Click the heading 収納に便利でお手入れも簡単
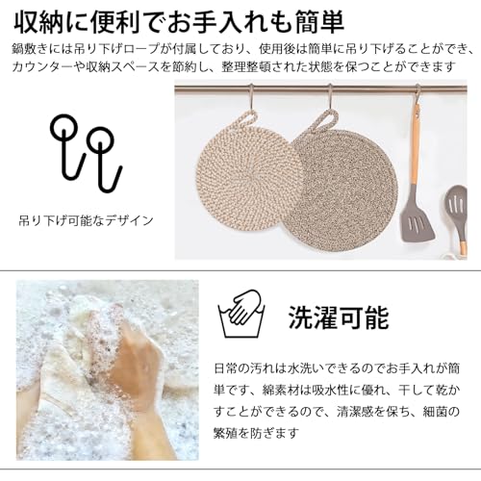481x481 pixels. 179,23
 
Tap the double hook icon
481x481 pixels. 87,153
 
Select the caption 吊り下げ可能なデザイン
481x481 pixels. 86,220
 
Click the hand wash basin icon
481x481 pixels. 241,313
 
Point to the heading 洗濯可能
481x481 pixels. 339,317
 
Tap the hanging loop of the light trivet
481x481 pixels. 244,119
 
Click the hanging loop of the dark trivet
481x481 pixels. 324,120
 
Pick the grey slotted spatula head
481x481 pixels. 417,222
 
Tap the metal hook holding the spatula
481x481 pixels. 417,95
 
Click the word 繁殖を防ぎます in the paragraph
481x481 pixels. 256,433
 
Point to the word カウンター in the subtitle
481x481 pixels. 41,66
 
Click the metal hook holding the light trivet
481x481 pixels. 252,97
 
